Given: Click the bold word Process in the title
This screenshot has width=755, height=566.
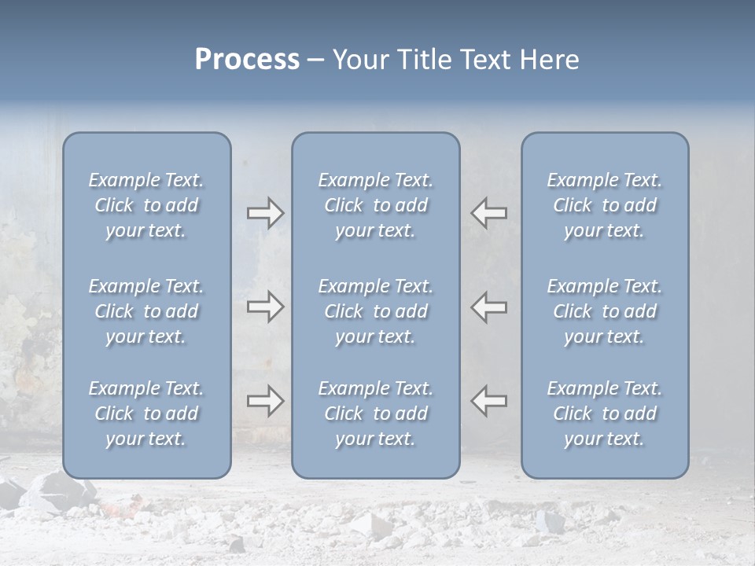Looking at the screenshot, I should click(x=247, y=60).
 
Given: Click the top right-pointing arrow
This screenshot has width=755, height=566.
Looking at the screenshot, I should click(x=266, y=213).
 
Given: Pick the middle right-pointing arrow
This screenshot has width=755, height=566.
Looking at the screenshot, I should click(x=266, y=307).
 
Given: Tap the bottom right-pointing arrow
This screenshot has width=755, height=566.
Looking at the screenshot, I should click(x=266, y=401).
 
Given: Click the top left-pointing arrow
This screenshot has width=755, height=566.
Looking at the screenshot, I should click(x=488, y=213).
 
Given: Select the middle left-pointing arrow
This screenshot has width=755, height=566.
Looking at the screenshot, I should click(x=488, y=307).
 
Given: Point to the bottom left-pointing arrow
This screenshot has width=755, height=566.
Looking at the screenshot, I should click(x=488, y=401).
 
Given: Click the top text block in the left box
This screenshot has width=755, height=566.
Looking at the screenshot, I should click(x=146, y=205).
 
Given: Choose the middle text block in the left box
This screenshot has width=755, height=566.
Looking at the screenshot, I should click(x=146, y=311).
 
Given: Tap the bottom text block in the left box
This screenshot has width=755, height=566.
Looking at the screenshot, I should click(x=146, y=413).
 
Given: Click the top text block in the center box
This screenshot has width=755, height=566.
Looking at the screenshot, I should click(x=376, y=205).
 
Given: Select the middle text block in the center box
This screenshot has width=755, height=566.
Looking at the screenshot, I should click(x=376, y=311).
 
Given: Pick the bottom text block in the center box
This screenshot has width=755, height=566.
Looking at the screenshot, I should click(x=376, y=413).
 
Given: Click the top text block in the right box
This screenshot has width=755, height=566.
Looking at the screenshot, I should click(x=605, y=205).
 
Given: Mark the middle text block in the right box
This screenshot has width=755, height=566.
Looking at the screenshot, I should click(x=605, y=311).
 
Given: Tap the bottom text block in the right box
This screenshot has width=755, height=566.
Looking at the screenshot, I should click(x=605, y=413).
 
